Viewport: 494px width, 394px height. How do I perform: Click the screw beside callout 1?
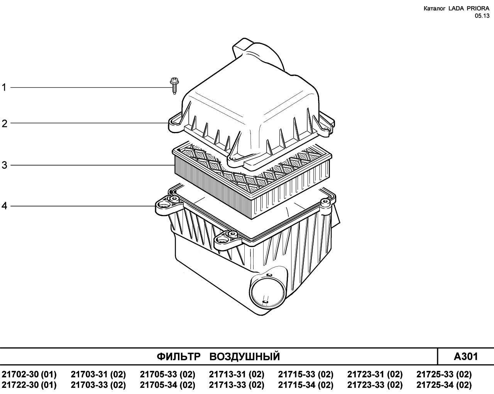174,86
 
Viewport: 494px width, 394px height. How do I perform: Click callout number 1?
4,88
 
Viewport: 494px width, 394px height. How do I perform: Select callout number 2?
4,124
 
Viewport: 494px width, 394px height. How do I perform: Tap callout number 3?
4,165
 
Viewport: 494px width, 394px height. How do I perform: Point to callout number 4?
4,206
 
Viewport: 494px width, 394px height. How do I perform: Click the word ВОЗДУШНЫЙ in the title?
245,357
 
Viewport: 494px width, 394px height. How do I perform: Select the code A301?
466,357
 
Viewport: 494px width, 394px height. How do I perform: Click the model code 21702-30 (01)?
29,374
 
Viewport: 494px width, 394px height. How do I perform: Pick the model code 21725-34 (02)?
444,385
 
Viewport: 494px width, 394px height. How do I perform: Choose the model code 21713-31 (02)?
237,374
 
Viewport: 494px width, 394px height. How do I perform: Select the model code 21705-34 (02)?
167,385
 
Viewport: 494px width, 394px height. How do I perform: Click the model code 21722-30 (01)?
29,385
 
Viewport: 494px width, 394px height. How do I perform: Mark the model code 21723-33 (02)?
375,385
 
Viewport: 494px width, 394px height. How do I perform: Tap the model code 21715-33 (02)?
306,374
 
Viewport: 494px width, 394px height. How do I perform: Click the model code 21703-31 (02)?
98,374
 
